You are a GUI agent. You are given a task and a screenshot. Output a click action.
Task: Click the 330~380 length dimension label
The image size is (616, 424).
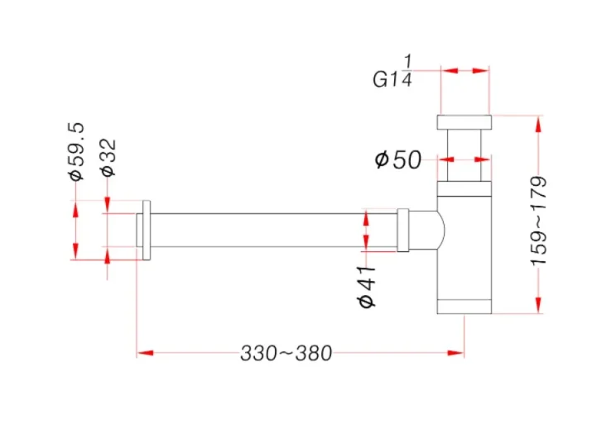pos(286,354)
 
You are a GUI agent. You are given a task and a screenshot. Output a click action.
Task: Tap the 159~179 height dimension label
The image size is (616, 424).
pos(539,220)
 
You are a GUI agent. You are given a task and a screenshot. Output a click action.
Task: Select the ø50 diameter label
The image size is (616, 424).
pos(398,159)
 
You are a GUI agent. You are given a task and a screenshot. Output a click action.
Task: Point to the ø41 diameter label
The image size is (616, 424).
pos(367,287)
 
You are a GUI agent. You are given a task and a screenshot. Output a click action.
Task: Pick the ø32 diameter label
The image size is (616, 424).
pos(108,157)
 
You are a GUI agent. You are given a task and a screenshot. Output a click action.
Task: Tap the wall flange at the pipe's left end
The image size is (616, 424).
pos(145,230)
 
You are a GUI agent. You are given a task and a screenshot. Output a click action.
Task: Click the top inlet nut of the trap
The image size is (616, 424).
pos(464,123)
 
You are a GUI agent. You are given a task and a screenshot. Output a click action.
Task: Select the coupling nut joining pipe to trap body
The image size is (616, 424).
pos(403,230)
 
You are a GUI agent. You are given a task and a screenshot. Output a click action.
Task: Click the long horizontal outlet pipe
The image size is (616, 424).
pos(273,230)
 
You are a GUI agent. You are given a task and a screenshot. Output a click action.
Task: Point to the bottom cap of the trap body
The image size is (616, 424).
pos(464,307)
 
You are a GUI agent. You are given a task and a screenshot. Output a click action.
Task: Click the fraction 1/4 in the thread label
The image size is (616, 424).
pos(407,70)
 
